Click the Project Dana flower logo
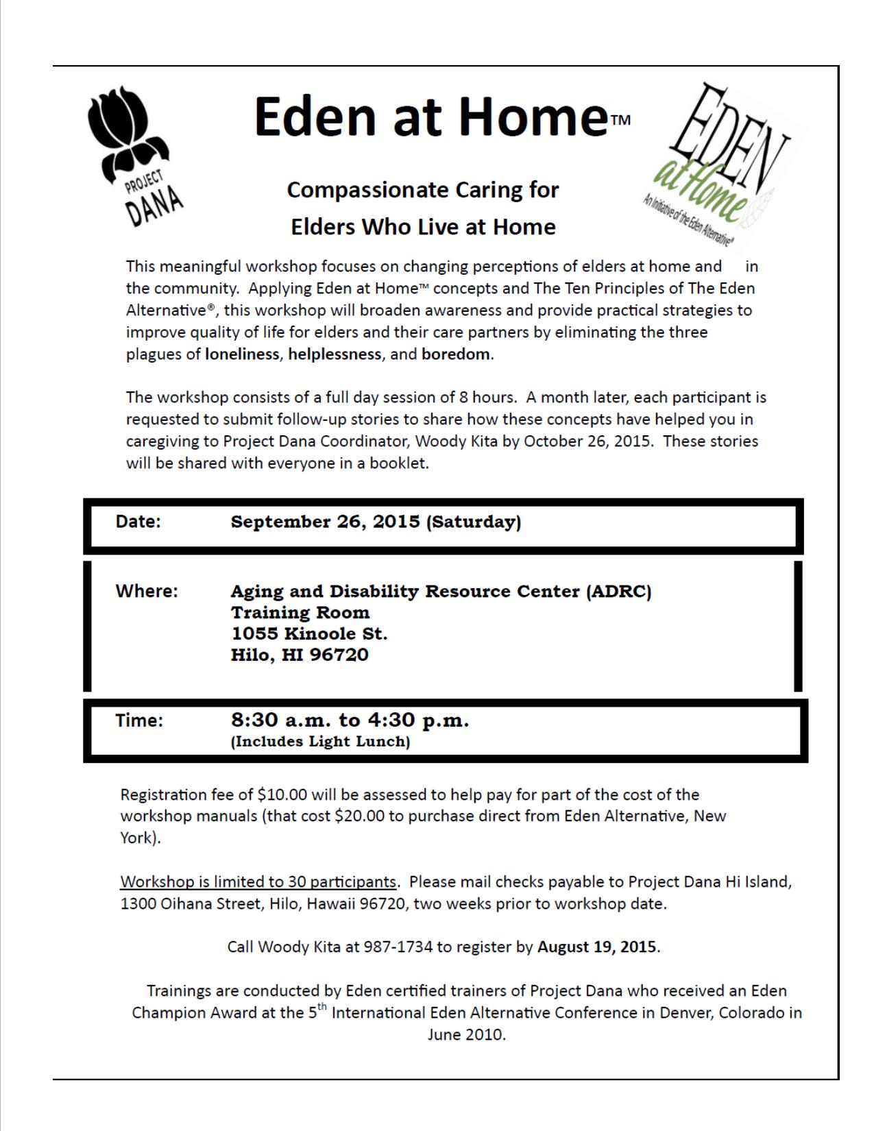[135, 158]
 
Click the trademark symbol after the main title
[620, 121]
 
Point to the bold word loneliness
[242, 354]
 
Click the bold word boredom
[456, 354]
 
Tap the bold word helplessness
[335, 354]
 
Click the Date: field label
[138, 522]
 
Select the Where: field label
[146, 591]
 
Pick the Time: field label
[139, 720]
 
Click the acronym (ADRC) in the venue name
[618, 591]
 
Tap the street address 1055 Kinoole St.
[309, 633]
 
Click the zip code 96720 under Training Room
[339, 655]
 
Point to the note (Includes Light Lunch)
[320, 742]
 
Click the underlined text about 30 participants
[258, 881]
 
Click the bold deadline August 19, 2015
[597, 947]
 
